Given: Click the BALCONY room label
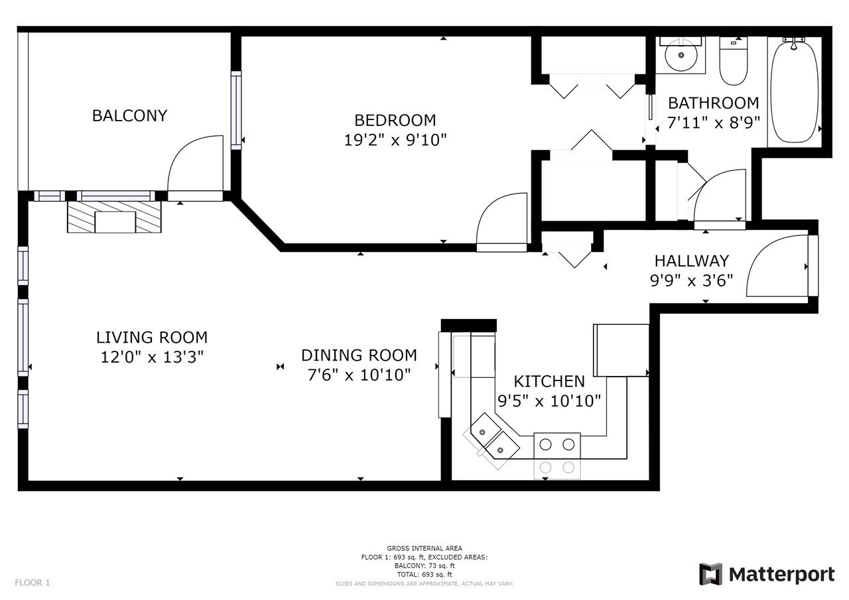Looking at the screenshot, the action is [129, 115].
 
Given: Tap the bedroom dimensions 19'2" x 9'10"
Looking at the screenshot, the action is [395, 140].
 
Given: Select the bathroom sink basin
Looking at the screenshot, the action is [681, 55].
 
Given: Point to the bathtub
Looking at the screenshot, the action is [794, 91].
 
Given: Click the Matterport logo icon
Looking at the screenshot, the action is [710, 574].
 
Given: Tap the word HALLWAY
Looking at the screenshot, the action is [692, 261].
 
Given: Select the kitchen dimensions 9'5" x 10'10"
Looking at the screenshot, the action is [549, 400].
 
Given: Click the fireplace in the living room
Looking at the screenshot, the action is [115, 217].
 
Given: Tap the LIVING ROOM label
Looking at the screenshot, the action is [152, 337].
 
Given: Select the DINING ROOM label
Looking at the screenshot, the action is [359, 355].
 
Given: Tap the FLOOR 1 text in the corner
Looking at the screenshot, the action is [33, 583].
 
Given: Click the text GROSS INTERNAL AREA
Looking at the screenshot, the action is [424, 548].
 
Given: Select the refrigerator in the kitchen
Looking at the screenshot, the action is [621, 350].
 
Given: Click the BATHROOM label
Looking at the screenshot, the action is [714, 103].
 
